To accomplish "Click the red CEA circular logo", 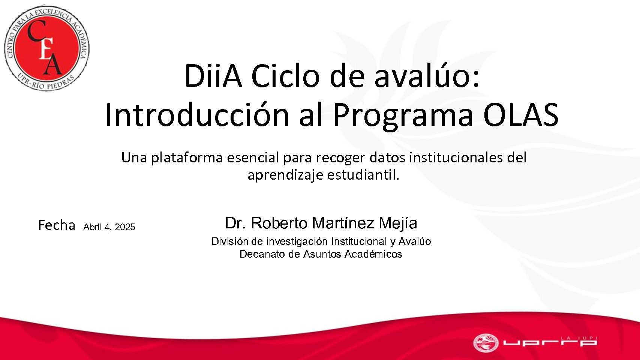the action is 46,48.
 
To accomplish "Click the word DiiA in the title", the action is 214,76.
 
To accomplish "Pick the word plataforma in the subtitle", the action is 187,158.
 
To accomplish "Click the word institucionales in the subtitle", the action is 456,157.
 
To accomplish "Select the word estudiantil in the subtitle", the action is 363,175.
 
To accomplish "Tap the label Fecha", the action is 57,225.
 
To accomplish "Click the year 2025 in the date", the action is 125,227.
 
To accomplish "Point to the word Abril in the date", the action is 93,227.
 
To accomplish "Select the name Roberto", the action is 279,223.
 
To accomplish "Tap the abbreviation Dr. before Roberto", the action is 235,223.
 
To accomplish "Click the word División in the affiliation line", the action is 230,241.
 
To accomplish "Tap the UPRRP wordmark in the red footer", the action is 550,342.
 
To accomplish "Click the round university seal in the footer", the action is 486,343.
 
